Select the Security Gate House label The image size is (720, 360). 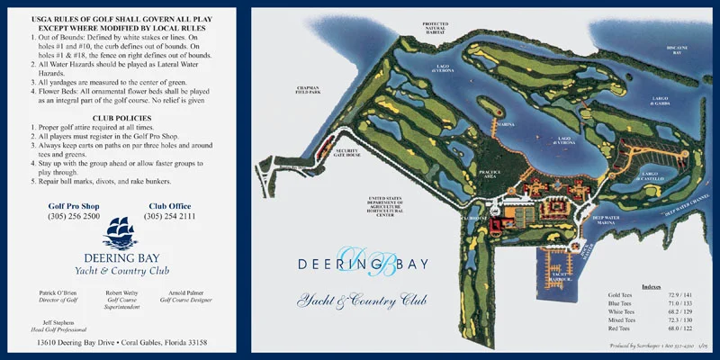point(347,152)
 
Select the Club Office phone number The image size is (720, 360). point(169,217)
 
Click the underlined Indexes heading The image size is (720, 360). point(652,286)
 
